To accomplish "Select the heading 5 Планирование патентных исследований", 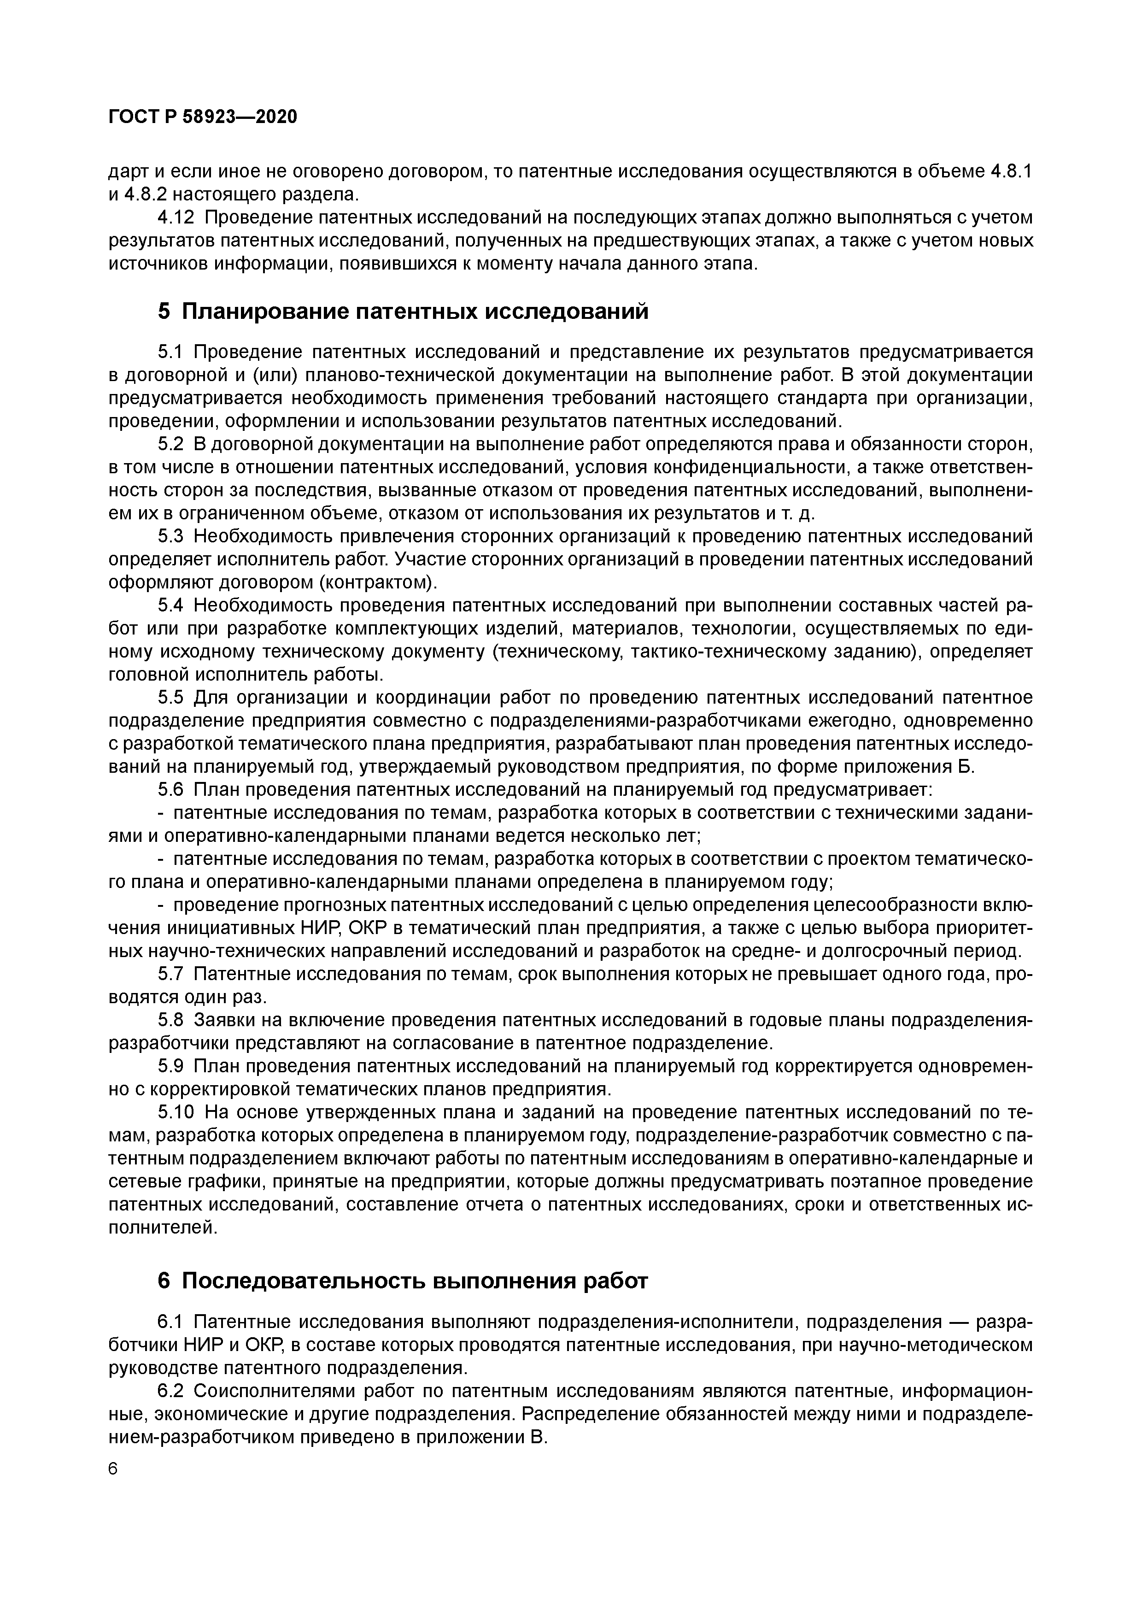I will (403, 311).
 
